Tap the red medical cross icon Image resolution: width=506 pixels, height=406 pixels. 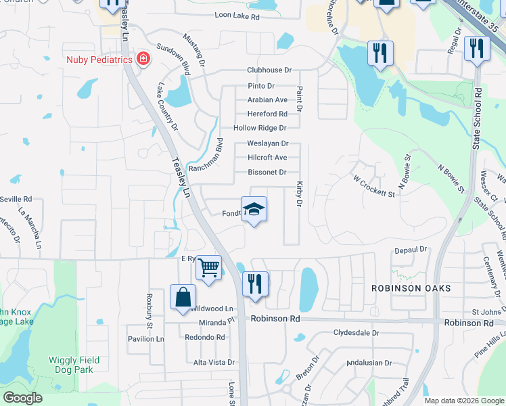pyautogui.click(x=143, y=60)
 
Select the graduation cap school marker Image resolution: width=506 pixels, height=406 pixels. pyautogui.click(x=254, y=210)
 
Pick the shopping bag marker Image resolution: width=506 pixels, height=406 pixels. pyautogui.click(x=183, y=297)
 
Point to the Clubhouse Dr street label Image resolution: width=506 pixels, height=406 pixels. pyautogui.click(x=269, y=70)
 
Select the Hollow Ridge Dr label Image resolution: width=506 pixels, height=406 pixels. pyautogui.click(x=260, y=128)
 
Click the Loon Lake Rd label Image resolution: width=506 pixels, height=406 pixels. pyautogui.click(x=237, y=16)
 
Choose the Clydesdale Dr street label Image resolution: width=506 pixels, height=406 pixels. pyautogui.click(x=356, y=333)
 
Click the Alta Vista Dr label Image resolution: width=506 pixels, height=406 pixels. pyautogui.click(x=214, y=363)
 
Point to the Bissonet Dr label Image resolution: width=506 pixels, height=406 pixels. pyautogui.click(x=267, y=173)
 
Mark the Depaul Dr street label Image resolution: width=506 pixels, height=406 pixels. pyautogui.click(x=412, y=250)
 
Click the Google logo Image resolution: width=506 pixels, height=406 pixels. pyautogui.click(x=23, y=398)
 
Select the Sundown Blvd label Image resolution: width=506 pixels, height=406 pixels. pyautogui.click(x=173, y=57)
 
